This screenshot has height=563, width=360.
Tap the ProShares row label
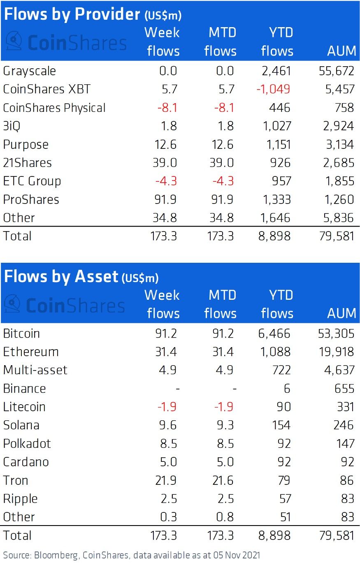coord(31,199)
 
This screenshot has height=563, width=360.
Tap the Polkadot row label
coord(27,443)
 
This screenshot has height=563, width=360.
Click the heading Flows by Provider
coord(72,14)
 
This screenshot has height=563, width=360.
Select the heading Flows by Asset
coord(61,277)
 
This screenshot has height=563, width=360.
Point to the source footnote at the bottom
coord(131,555)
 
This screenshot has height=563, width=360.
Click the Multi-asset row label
coord(35,370)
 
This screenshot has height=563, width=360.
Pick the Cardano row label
coord(26,461)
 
